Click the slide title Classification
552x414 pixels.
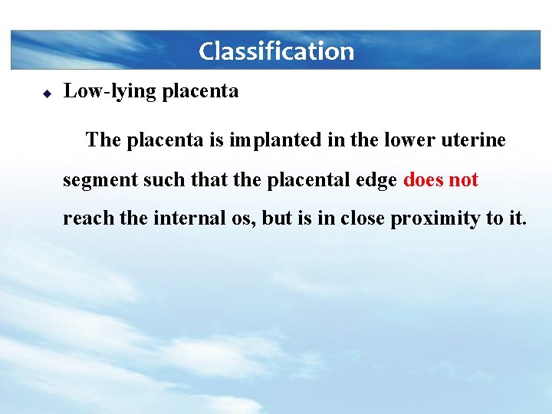[x=276, y=51]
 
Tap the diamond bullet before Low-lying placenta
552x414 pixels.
[x=46, y=93]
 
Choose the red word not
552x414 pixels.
[x=464, y=180]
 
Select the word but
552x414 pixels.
[x=276, y=219]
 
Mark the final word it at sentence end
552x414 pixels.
[x=516, y=219]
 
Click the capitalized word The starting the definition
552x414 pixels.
[x=103, y=140]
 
